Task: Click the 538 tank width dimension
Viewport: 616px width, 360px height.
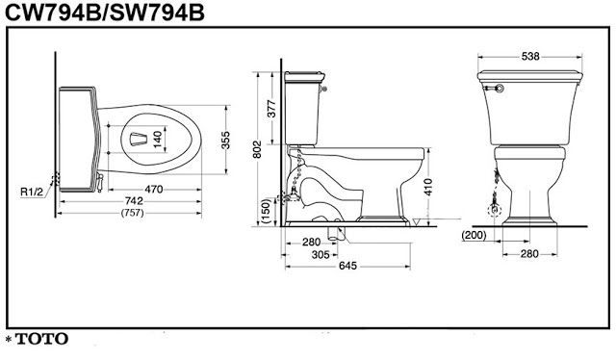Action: coord(530,57)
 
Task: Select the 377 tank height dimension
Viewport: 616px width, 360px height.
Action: coord(271,109)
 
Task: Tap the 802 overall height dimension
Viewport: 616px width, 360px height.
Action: coord(257,149)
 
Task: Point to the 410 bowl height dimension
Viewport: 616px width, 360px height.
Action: coord(427,187)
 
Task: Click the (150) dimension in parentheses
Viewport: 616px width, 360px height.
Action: coord(266,212)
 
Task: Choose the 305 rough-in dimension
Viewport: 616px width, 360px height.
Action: coord(321,255)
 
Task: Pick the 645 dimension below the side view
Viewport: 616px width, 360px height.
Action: coord(347,266)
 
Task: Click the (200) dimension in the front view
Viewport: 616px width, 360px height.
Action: coord(474,235)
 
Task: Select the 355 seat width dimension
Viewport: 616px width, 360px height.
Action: coord(225,140)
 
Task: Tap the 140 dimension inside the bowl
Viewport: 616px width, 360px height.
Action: coord(157,140)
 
